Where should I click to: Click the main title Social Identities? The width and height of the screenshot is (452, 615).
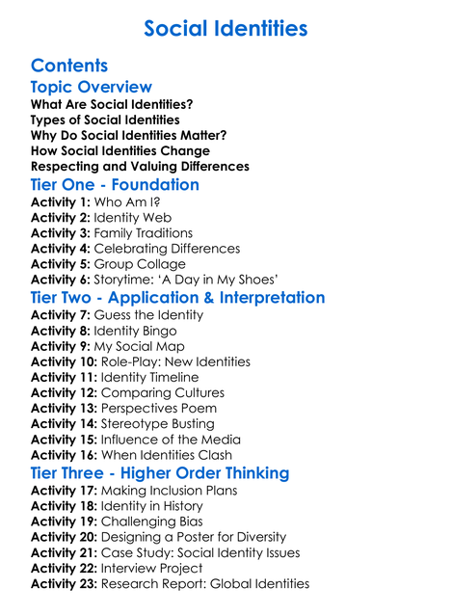(226, 29)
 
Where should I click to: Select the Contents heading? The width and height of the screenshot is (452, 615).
(69, 66)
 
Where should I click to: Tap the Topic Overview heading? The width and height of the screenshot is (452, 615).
(92, 88)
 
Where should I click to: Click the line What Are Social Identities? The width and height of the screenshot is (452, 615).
(112, 104)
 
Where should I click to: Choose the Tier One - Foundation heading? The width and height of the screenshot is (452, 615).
(115, 184)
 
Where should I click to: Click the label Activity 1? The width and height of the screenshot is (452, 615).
(62, 202)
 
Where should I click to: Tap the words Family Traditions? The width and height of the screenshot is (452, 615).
(145, 233)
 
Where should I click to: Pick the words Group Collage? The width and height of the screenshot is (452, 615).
(140, 264)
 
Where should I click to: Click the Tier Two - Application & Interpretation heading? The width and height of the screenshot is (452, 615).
(177, 297)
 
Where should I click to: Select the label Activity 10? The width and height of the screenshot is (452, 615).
(66, 361)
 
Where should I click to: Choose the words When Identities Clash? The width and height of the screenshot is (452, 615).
(167, 454)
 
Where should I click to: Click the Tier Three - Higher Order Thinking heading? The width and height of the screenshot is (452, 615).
(160, 473)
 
